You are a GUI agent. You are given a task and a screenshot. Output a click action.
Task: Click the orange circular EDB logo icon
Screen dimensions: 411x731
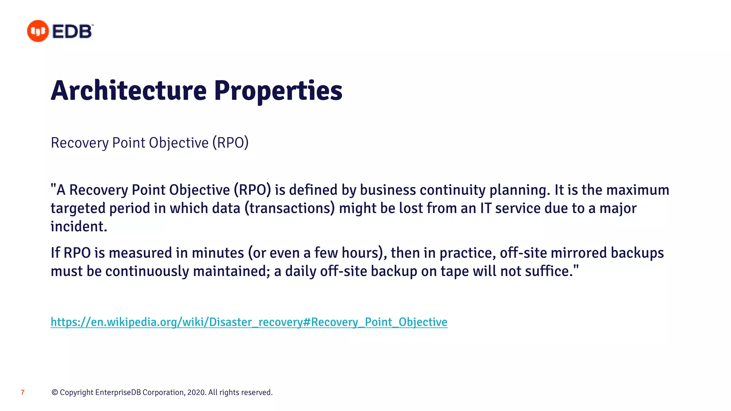point(38,31)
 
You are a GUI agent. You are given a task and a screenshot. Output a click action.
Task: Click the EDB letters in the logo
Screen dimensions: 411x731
point(72,31)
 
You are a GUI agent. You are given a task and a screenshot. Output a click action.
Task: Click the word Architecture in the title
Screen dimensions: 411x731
point(129,91)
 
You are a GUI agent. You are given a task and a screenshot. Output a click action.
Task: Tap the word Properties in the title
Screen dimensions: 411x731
point(278,91)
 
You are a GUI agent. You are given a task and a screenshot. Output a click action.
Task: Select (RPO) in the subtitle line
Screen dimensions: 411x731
point(230,143)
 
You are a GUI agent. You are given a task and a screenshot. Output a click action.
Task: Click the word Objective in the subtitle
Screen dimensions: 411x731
point(178,143)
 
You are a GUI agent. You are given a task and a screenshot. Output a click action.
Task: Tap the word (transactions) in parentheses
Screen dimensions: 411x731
point(289,208)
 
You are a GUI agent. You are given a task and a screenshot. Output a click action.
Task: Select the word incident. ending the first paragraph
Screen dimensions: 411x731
point(79,227)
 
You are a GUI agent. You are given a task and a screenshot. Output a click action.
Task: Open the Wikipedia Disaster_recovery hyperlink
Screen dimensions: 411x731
point(249,322)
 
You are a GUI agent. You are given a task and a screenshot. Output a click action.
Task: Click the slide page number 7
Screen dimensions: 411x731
point(23,392)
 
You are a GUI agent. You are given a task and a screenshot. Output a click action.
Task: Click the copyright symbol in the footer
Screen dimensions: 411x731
point(55,392)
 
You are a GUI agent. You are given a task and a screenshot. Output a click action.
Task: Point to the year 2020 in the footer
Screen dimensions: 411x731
point(196,392)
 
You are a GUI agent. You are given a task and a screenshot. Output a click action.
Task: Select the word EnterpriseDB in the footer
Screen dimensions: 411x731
point(118,392)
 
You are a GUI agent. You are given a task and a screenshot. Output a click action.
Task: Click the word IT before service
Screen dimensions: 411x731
point(485,208)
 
